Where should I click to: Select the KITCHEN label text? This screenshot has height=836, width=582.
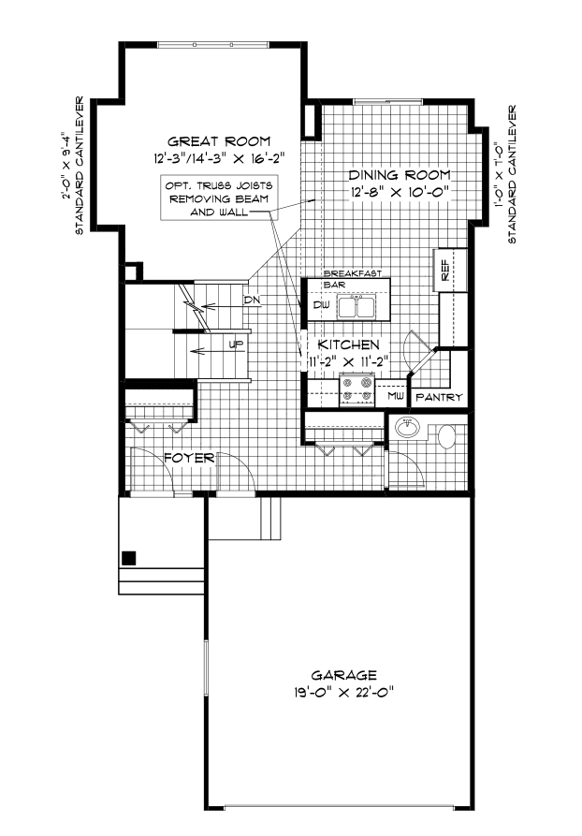(x=347, y=345)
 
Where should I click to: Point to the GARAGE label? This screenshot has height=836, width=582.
(x=345, y=674)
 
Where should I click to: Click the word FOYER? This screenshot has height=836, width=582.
(x=191, y=458)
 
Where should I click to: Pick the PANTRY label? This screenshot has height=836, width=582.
(x=440, y=398)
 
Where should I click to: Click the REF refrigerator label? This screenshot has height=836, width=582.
(x=445, y=271)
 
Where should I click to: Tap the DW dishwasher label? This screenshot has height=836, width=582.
(x=320, y=305)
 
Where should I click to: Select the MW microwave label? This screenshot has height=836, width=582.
(x=396, y=397)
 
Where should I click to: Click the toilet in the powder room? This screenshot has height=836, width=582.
(x=446, y=434)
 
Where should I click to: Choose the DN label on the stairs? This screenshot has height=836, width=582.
(x=250, y=300)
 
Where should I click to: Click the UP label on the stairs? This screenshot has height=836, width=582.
(x=237, y=345)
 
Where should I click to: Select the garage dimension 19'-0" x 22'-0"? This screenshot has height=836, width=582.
(x=345, y=693)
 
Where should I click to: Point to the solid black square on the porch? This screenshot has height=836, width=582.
(x=129, y=557)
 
